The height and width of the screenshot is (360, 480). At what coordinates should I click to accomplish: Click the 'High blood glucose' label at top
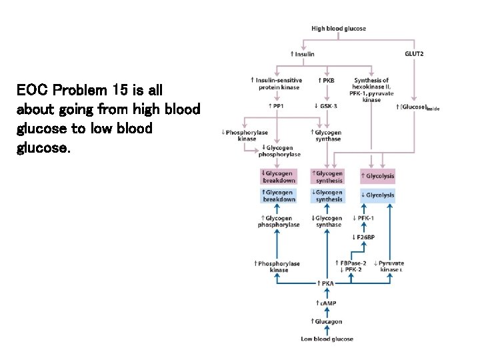[x=338, y=29]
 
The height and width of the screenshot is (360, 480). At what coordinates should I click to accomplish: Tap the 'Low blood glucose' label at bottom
[x=327, y=339]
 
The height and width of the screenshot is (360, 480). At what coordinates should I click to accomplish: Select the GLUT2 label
[x=414, y=54]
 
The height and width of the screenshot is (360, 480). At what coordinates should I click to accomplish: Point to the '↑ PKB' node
[x=326, y=80]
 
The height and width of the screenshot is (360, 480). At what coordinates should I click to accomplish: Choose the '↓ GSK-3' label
[x=326, y=106]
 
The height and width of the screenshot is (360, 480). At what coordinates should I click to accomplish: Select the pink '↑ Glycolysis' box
[x=377, y=177]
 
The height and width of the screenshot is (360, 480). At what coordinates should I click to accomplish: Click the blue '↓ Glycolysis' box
[x=377, y=195]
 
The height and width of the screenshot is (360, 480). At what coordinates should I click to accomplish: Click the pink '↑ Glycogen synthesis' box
[x=327, y=177]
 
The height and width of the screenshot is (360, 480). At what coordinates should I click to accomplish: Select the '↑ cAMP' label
[x=327, y=303]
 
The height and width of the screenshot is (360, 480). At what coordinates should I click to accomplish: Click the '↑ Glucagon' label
[x=327, y=321]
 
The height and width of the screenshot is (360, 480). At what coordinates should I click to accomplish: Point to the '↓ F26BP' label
[x=363, y=237]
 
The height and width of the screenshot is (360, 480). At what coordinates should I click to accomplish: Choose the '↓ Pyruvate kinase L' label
[x=389, y=266]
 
